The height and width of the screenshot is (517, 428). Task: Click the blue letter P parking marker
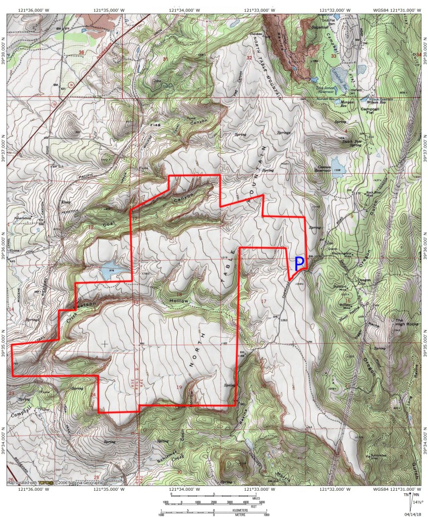(298, 262)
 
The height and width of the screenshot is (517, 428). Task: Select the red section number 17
(263, 301)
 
